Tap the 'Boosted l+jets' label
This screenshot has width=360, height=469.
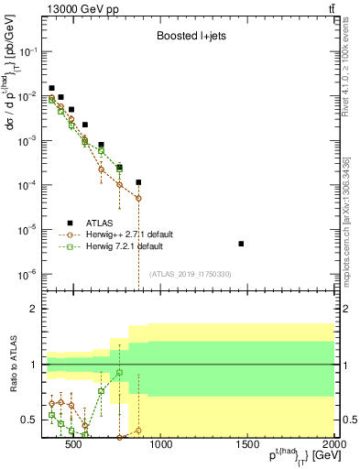point(186,38)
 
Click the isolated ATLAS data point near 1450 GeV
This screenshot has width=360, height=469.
point(241,244)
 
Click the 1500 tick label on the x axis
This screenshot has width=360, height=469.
point(247,446)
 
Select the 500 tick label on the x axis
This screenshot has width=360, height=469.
point(75,446)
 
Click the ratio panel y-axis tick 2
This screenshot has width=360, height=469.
point(33,310)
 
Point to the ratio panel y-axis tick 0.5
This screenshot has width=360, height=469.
point(28,420)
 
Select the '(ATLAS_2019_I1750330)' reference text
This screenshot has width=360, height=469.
point(191,274)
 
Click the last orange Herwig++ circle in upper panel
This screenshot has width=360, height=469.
point(138,198)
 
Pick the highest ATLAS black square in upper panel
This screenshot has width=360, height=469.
point(51,88)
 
